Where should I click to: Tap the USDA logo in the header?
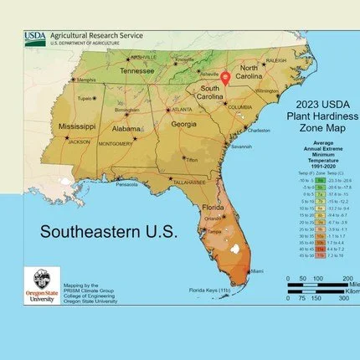pyautogui.click(x=35, y=36)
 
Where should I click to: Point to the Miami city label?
pyautogui.click(x=259, y=270)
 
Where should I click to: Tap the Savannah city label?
pyautogui.click(x=241, y=146)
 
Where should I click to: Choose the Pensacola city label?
pyautogui.click(x=126, y=184)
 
